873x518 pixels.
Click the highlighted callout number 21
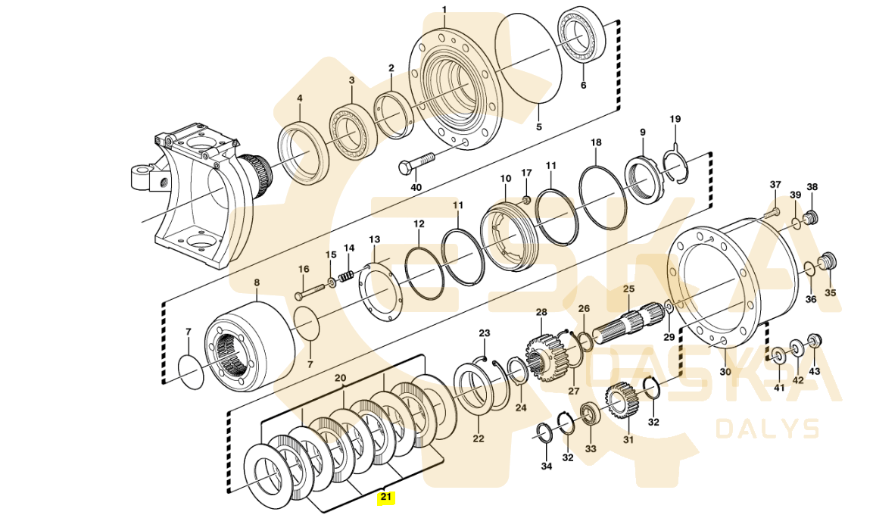tap(386, 498)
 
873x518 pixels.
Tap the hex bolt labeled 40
tap(416, 163)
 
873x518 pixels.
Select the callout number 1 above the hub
tap(444, 10)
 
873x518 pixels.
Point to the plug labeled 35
tap(828, 262)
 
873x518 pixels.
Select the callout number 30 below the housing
tap(725, 372)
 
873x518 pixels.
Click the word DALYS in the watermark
tap(768, 429)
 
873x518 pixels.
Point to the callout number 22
tap(478, 438)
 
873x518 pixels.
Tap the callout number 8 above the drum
tap(256, 282)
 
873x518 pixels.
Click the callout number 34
tap(547, 466)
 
